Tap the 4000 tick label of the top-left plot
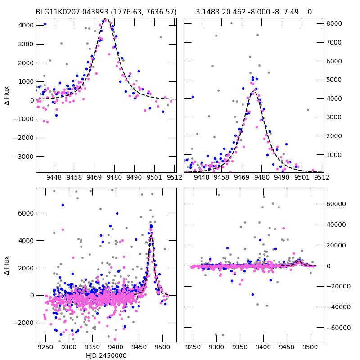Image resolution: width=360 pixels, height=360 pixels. tap(25, 25)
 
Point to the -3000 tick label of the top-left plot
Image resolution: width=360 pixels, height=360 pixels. tap(24, 157)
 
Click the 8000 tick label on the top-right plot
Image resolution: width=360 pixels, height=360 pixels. tap(334, 23)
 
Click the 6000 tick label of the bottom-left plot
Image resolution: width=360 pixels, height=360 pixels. tap(25, 213)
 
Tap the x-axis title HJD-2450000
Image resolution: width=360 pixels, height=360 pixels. tap(106, 355)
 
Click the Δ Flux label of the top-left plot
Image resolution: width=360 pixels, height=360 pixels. tap(6, 95)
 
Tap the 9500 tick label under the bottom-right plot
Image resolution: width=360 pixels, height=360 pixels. tap(310, 347)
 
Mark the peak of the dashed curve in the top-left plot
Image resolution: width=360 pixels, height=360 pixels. tap(106, 19)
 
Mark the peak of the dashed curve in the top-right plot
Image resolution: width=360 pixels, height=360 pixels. tap(255, 90)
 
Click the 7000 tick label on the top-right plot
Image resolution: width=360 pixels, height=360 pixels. tap(334, 42)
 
